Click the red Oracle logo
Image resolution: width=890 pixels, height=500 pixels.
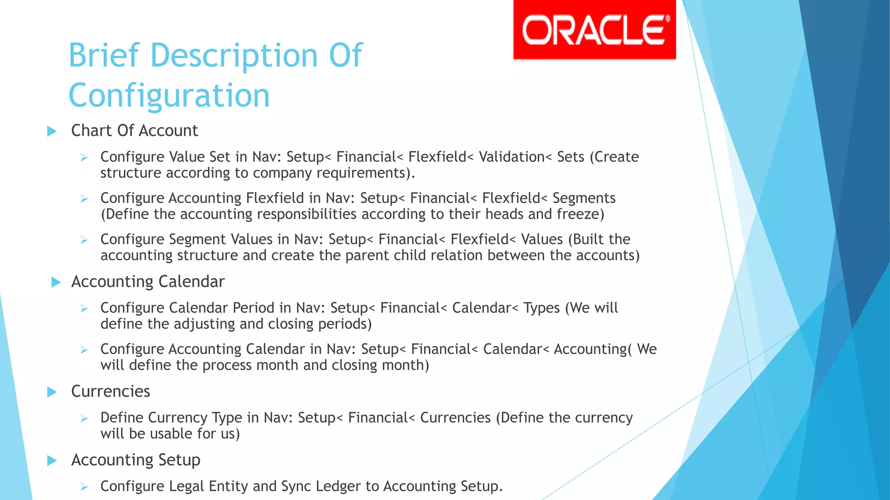tap(594, 30)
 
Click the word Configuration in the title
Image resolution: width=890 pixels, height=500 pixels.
tap(169, 95)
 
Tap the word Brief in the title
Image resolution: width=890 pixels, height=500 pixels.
tap(104, 56)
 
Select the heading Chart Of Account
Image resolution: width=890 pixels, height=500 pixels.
tap(134, 131)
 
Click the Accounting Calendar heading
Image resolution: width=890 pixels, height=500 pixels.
tap(148, 282)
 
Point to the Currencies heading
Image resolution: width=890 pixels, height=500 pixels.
tap(110, 391)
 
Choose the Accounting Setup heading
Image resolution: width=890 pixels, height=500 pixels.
tap(136, 460)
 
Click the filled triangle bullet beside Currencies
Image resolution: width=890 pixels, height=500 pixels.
tap(52, 392)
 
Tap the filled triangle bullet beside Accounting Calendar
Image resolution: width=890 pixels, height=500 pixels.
tap(56, 282)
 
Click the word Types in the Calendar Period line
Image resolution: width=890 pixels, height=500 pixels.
tap(541, 308)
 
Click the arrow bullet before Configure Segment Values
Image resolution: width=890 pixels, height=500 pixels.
tap(84, 240)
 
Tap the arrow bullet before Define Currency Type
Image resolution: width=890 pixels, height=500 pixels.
tap(84, 418)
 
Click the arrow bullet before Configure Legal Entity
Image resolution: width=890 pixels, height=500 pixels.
tap(84, 487)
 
